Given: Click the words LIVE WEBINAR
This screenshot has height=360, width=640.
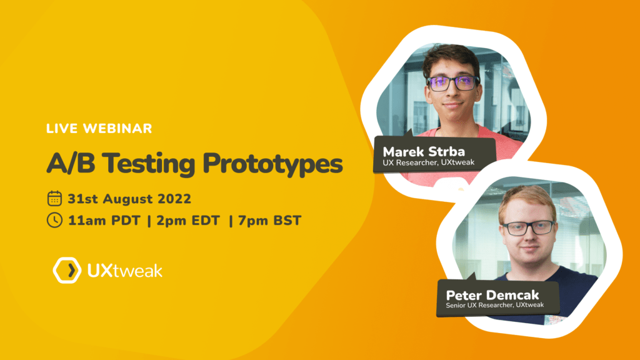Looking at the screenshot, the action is click(99, 129).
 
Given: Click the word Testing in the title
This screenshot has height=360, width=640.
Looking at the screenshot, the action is click(149, 164).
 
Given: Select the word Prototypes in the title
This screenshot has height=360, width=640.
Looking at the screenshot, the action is click(272, 164).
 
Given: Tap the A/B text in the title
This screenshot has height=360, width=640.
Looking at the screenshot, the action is click(71, 163).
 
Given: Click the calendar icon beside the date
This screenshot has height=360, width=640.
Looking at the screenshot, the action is click(54, 198).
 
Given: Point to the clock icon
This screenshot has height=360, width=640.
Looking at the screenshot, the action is click(54, 220).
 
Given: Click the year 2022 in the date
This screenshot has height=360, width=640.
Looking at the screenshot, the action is click(174, 199).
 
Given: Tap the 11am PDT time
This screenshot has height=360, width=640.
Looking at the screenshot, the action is click(104, 221).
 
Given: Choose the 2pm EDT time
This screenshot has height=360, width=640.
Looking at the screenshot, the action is click(188, 221).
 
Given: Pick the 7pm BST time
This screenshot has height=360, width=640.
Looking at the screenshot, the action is click(270, 221).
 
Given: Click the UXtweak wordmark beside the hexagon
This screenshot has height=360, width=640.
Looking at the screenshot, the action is click(125, 271).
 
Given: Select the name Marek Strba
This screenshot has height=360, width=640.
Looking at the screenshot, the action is click(424, 152).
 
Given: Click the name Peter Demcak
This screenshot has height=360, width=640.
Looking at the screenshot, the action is click(492, 295).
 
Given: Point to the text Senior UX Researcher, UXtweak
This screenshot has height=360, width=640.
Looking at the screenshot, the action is click(495, 305).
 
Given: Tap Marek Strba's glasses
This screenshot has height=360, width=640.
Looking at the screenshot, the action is click(452, 83).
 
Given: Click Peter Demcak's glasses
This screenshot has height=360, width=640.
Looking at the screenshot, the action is click(529, 227).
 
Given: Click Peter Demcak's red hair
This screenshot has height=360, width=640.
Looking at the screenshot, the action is click(527, 201).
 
